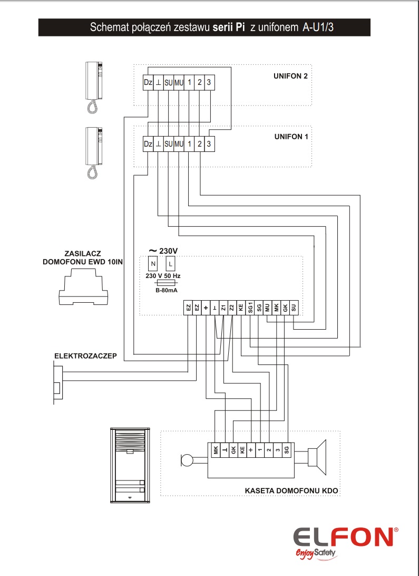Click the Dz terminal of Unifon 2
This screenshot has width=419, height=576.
click(148, 83)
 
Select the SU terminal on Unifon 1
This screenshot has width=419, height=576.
click(169, 144)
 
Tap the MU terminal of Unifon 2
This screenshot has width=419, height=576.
click(179, 83)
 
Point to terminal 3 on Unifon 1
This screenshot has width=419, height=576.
click(209, 144)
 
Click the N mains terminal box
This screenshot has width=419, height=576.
click(153, 264)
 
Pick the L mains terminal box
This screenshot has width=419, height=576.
click(170, 264)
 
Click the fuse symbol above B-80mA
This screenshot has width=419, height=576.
click(167, 283)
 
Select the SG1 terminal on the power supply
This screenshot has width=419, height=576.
click(250, 308)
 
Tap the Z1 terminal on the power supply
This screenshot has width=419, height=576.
click(223, 308)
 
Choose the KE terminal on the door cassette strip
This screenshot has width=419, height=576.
click(242, 449)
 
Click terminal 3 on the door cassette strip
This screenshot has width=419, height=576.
click(278, 449)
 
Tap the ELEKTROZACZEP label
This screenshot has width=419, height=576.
click(85, 356)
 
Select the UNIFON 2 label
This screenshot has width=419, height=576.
click(290, 76)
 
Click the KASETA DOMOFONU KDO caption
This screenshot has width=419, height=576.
click(291, 491)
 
